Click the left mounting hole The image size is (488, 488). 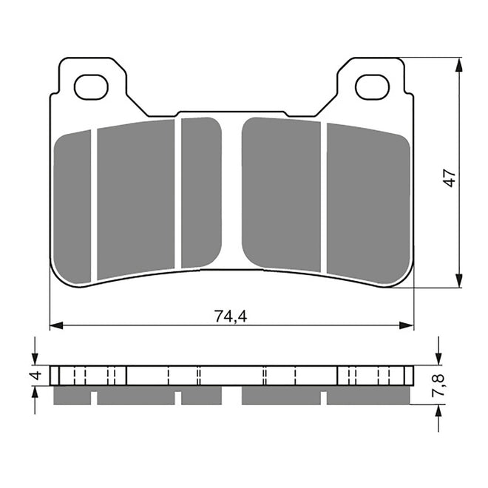tap(91, 87)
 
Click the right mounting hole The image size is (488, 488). tap(372, 87)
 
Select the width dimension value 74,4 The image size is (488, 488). tap(230, 316)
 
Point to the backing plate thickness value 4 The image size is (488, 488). tap(33, 376)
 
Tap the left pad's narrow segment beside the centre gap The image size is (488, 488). tap(200, 192)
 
